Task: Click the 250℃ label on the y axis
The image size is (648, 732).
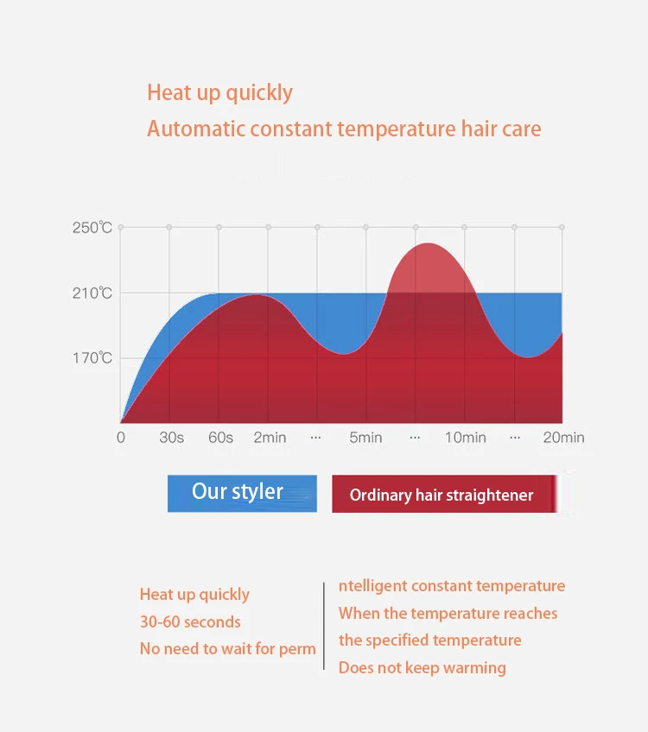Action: pos(92,227)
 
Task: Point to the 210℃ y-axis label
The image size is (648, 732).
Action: pos(92,293)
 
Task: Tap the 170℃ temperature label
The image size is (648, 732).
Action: pos(92,358)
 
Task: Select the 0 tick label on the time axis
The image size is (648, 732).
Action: pos(121,438)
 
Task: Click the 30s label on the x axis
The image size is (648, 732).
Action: pos(171,438)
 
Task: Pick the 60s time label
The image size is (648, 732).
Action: pos(220,438)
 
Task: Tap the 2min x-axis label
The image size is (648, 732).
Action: pos(270,438)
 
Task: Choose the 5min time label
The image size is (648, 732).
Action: pos(365,438)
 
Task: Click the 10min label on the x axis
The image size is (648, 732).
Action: pos(466,438)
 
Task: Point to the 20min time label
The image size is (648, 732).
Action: pos(563,438)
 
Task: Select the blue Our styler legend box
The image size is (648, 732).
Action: pos(242,494)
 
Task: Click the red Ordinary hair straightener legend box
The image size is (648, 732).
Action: pos(445,494)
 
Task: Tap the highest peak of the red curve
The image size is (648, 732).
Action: pos(428,243)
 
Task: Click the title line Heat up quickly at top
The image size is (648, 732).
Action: pos(219,93)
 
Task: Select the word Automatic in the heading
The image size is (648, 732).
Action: pos(197,129)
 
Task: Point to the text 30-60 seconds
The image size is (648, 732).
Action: pos(190,622)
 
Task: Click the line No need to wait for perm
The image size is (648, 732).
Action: pos(228,649)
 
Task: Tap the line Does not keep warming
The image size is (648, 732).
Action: pos(422,667)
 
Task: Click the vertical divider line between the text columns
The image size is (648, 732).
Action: pos(324,626)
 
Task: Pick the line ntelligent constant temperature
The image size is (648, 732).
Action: pos(452,586)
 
